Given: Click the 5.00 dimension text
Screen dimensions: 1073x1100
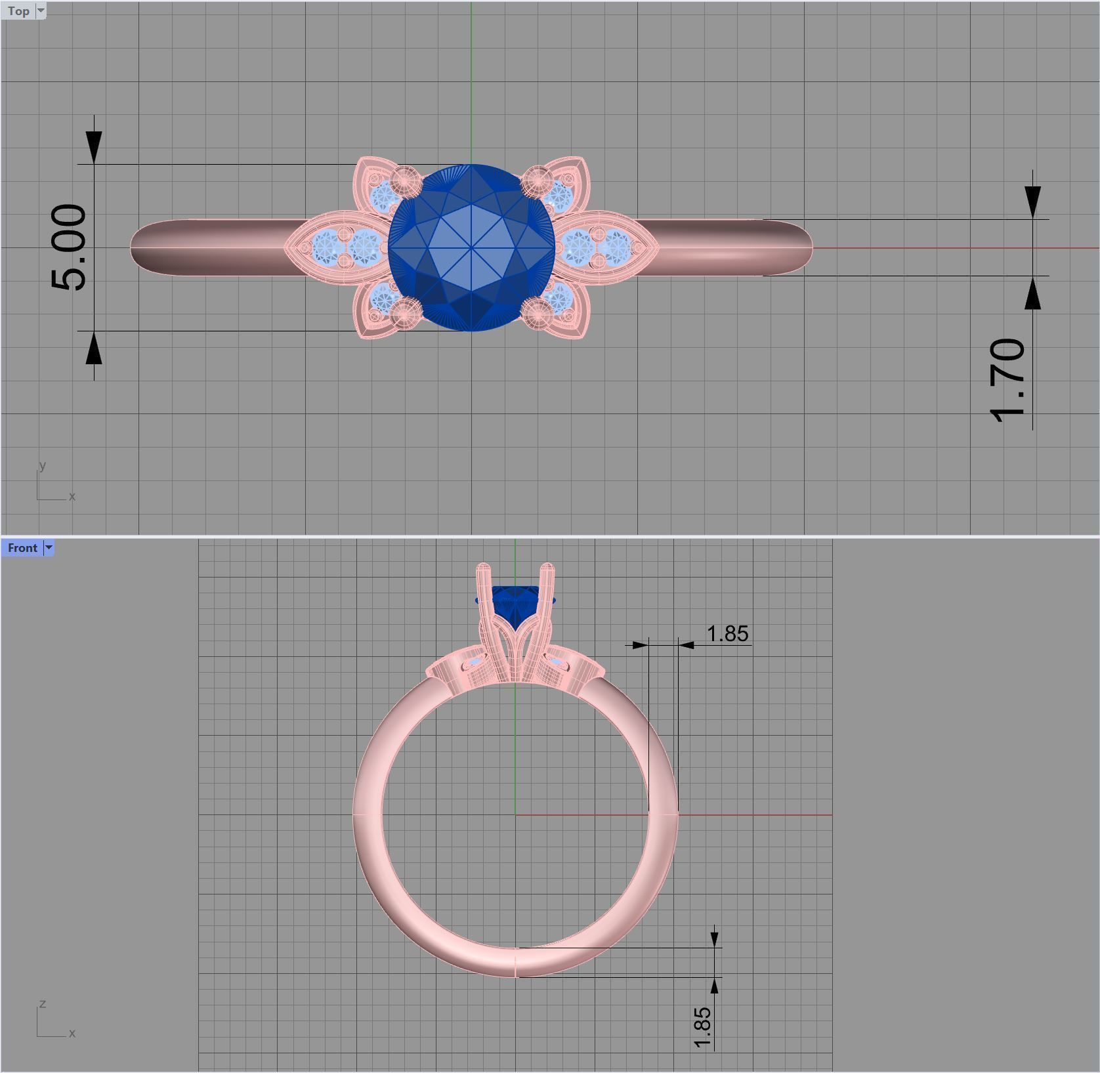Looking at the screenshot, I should click(68, 247).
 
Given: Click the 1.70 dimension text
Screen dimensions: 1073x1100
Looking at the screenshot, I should click(1007, 381).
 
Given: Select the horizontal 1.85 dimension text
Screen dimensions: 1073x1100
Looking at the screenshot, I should click(727, 634).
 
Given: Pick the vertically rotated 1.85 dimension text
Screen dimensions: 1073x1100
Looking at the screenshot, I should click(701, 1028).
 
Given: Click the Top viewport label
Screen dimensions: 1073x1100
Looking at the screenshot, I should click(18, 11).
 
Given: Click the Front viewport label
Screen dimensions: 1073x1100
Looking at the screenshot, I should click(22, 548).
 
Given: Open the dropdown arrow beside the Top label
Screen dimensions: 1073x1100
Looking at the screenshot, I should click(41, 11).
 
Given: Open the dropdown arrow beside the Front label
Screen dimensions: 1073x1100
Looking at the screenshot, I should click(48, 548).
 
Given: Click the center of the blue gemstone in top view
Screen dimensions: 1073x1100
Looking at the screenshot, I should click(471, 247).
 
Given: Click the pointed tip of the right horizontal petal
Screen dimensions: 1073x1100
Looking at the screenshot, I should click(657, 247).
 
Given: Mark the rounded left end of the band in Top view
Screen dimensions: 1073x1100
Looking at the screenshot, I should click(133, 247).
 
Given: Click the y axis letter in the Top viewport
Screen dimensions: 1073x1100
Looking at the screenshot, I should click(43, 466).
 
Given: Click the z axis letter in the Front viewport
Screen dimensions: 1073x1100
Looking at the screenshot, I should click(43, 1003).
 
